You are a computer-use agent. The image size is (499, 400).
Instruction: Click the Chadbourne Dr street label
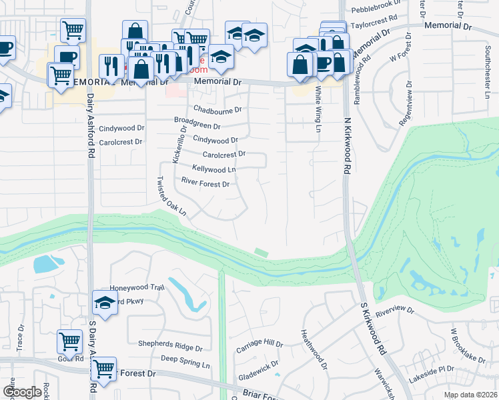(x=217, y=109)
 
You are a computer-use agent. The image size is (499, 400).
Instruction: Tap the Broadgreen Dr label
(x=197, y=125)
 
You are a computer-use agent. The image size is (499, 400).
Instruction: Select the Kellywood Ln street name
(x=213, y=169)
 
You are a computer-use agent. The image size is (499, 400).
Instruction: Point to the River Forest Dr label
(x=205, y=183)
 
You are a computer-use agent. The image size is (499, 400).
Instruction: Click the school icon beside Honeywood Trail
(x=105, y=303)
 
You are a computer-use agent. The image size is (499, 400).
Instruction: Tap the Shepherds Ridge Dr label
(x=170, y=347)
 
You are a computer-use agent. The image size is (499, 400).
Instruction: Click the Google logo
(x=22, y=392)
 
